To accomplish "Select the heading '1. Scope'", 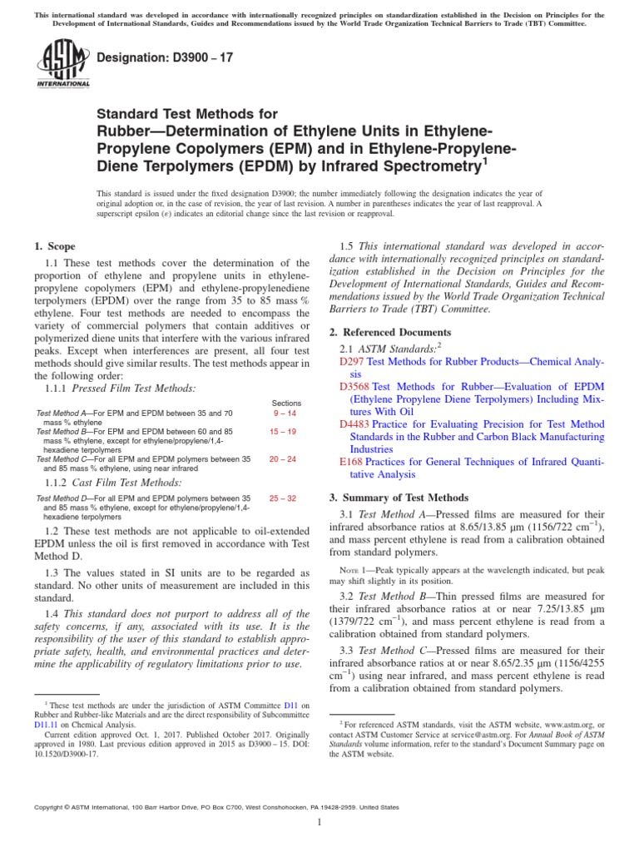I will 54,246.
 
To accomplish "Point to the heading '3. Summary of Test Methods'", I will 399,497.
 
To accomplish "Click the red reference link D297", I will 352,362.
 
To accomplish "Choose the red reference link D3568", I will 355,387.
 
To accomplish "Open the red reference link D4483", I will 355,424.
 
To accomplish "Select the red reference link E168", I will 352,462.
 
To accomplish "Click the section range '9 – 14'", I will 286,413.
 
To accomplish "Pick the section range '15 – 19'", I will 286,432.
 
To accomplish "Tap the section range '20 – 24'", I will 286,458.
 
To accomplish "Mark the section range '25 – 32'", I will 286,498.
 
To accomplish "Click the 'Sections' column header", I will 286,403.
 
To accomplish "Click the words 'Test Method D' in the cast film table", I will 64,498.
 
